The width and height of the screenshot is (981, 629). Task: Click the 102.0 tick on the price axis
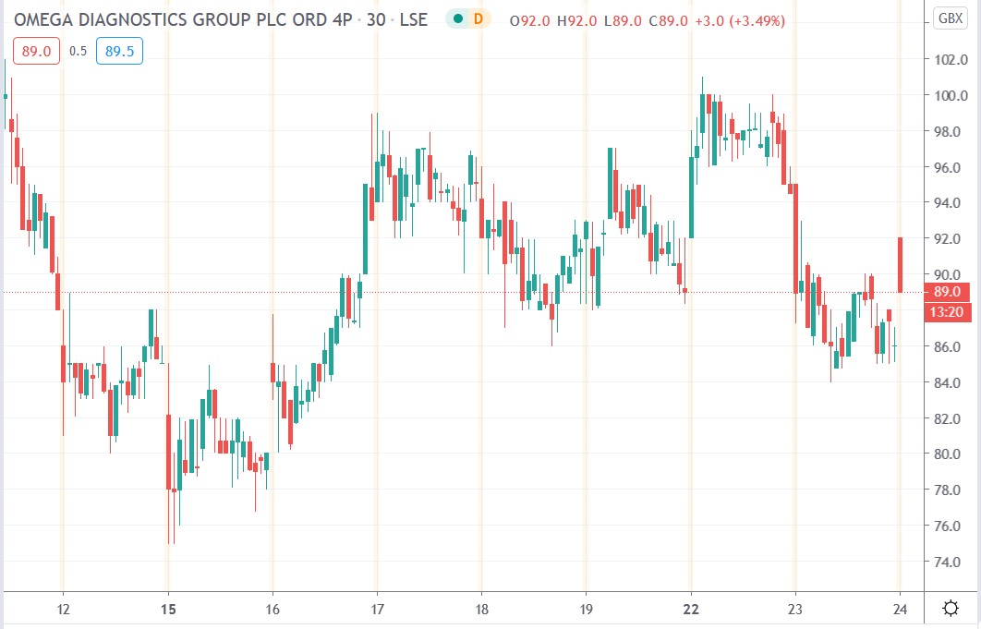point(951,60)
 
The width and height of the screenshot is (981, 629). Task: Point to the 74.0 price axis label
point(951,562)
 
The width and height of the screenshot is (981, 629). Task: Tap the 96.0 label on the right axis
point(951,167)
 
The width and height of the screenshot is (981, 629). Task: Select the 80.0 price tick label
point(951,454)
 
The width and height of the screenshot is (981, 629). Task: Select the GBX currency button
point(950,18)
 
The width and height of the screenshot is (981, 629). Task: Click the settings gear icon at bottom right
point(950,608)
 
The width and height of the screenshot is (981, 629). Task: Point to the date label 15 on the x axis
point(167,608)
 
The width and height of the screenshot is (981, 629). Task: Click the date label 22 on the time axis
point(691,608)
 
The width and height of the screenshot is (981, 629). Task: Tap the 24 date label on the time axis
point(901,608)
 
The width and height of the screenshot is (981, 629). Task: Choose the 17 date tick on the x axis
point(377,608)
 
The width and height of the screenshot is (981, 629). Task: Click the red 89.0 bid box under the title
point(36,52)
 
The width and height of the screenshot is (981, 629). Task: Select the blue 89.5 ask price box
point(119,52)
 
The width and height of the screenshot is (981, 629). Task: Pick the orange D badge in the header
point(478,18)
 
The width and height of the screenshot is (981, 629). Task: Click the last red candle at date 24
point(900,265)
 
